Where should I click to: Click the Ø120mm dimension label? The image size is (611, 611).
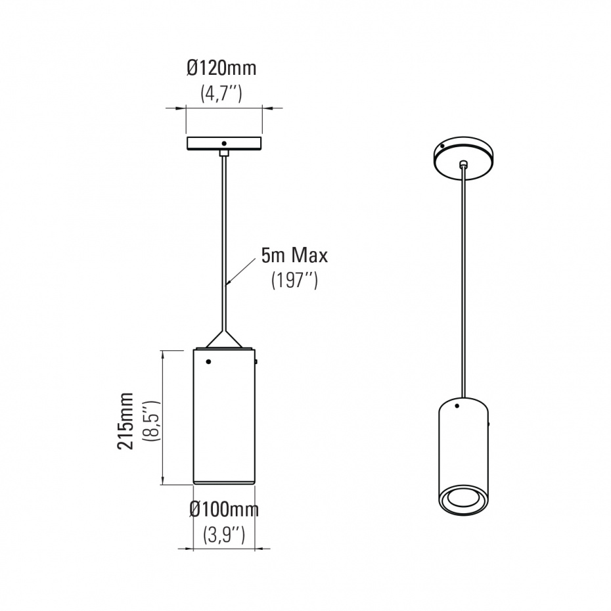pyautogui.click(x=221, y=68)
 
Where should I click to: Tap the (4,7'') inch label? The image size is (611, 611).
pyautogui.click(x=221, y=93)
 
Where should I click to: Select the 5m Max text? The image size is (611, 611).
pyautogui.click(x=294, y=256)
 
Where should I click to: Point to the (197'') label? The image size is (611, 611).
pyautogui.click(x=294, y=280)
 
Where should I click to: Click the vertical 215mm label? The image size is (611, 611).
pyautogui.click(x=125, y=421)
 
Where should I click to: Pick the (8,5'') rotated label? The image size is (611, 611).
pyautogui.click(x=152, y=420)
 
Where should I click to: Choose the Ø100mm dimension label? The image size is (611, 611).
pyautogui.click(x=224, y=509)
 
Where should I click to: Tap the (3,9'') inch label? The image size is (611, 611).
pyautogui.click(x=224, y=534)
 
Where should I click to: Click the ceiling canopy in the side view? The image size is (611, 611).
pyautogui.click(x=224, y=143)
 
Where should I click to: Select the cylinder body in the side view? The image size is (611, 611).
pyautogui.click(x=224, y=417)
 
